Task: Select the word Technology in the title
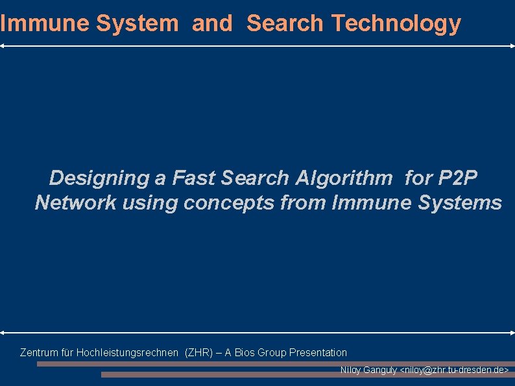pyautogui.click(x=396, y=23)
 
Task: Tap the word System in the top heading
pyautogui.click(x=137, y=23)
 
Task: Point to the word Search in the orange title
pyautogui.click(x=285, y=23)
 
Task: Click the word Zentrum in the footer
pyautogui.click(x=38, y=353)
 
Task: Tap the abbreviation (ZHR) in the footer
pyautogui.click(x=198, y=353)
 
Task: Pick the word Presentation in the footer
pyautogui.click(x=318, y=353)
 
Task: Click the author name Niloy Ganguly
pyautogui.click(x=368, y=370)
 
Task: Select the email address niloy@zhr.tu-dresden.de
pyautogui.click(x=455, y=370)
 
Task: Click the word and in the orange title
pyautogui.click(x=211, y=23)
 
